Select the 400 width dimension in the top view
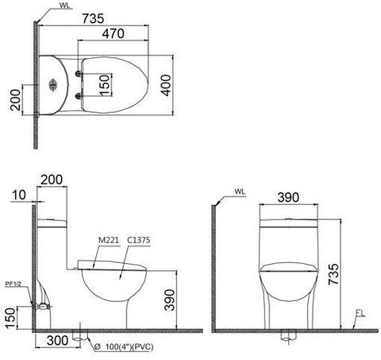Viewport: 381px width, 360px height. [x=165, y=80]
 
